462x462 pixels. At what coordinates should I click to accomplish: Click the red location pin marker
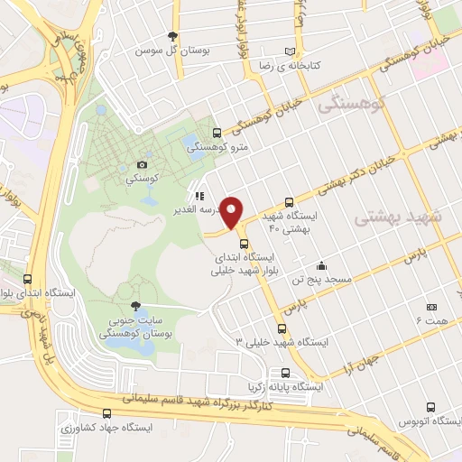click(233, 212)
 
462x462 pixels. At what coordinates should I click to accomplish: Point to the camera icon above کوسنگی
click(142, 164)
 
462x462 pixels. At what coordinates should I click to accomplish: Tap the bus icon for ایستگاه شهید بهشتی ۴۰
click(289, 203)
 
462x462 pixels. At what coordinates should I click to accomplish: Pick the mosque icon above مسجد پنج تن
click(321, 266)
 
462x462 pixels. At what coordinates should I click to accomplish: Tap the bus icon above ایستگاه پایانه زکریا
click(286, 373)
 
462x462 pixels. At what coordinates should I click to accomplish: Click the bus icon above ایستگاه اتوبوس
click(431, 409)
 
